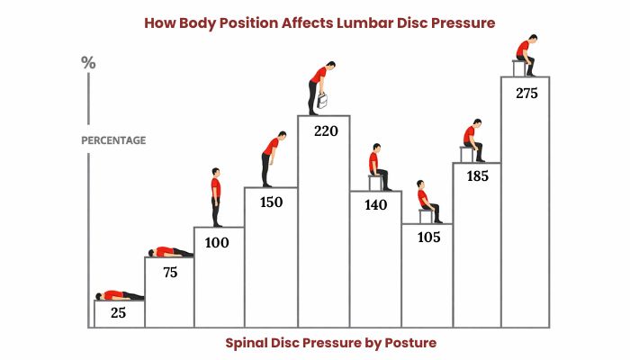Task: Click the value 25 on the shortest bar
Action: coord(118,312)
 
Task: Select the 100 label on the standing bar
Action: coord(217,242)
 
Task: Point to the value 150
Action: coord(270,202)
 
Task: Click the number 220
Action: coord(325,130)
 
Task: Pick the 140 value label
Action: coord(375,205)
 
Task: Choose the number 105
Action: coord(427,238)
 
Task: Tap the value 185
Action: coord(477,176)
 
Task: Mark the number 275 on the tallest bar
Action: coord(526,93)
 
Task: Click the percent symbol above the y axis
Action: coord(88,63)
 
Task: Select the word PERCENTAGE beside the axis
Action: coord(113,140)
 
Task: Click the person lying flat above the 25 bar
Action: coord(119,294)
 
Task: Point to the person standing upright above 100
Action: coord(216,197)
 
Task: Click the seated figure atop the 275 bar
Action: coord(525,56)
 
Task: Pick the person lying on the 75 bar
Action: coord(170,251)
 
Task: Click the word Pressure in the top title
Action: coord(459,22)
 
